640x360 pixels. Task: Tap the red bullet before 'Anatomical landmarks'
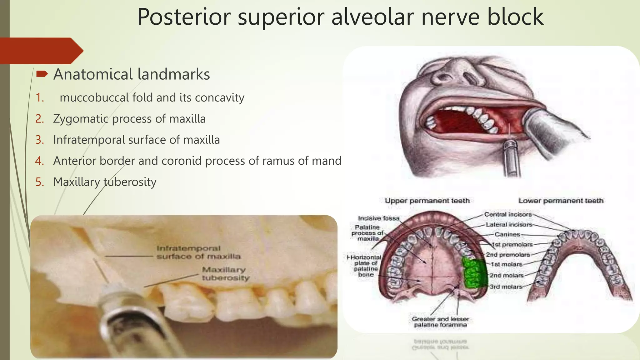(x=42, y=74)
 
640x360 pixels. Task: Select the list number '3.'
(x=40, y=140)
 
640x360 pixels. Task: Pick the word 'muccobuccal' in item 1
(x=94, y=97)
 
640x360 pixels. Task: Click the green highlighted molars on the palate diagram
(x=474, y=272)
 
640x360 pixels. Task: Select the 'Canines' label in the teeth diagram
(x=507, y=234)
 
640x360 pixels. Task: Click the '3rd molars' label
(x=506, y=287)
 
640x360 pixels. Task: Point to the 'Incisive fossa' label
(x=378, y=218)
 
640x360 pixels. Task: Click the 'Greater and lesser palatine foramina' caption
(x=440, y=322)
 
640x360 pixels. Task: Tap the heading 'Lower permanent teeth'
(x=561, y=201)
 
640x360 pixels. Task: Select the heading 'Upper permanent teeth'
(x=427, y=201)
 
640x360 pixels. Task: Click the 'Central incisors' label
(x=507, y=214)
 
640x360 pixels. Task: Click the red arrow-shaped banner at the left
(x=41, y=51)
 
